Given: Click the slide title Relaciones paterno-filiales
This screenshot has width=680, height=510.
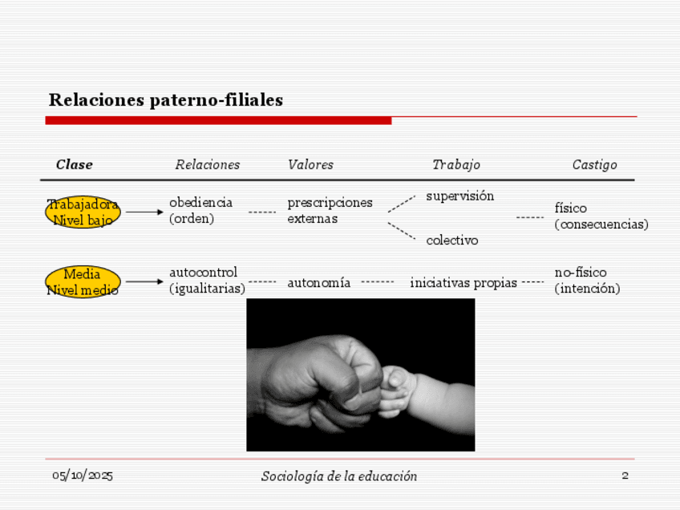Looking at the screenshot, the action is click(166, 100).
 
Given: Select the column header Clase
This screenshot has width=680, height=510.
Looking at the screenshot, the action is click(75, 164).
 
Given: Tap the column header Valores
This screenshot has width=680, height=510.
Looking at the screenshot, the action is click(310, 164).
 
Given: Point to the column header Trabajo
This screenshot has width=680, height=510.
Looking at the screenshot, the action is click(456, 164).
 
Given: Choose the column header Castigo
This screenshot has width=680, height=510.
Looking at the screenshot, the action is click(594, 164).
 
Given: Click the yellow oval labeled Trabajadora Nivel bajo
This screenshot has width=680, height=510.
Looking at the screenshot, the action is click(83, 212).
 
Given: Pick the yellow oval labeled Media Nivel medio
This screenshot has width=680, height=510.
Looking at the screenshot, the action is click(83, 282).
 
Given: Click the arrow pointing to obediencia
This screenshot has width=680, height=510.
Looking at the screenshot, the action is click(144, 212).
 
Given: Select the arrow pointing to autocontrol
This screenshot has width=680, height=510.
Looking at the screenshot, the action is click(144, 281).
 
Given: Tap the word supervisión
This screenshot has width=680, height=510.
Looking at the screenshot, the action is click(459, 196).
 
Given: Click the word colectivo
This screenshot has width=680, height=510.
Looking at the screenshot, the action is click(451, 240).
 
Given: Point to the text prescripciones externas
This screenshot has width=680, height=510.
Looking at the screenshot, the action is click(330, 210).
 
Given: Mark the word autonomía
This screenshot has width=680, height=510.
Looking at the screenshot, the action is click(318, 282).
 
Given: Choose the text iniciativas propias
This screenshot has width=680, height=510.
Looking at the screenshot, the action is click(463, 282).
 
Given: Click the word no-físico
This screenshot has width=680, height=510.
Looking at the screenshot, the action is click(581, 273).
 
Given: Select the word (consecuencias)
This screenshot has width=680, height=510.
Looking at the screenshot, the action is click(601, 225).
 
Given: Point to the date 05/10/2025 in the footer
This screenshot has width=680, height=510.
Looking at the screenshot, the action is click(83, 476).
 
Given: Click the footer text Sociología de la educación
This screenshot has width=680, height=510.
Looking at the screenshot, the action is click(339, 476).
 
